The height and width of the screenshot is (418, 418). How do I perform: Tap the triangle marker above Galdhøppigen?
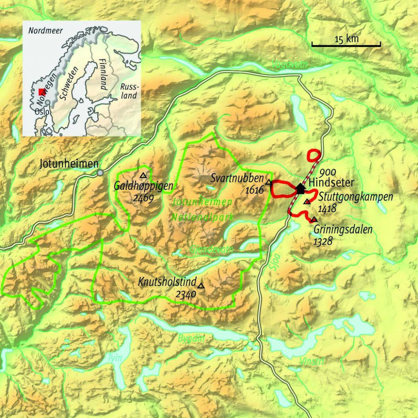[143, 175]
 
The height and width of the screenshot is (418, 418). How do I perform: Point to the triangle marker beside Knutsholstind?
[200, 285]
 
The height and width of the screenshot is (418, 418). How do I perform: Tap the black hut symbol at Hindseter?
[301, 188]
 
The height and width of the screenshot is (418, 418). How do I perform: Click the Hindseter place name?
[327, 183]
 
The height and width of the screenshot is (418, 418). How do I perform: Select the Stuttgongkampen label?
[356, 197]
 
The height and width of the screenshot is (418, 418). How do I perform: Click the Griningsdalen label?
[343, 229]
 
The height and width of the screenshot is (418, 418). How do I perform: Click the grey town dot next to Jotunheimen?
[100, 173]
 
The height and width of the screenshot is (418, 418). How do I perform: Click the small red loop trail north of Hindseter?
[313, 155]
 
